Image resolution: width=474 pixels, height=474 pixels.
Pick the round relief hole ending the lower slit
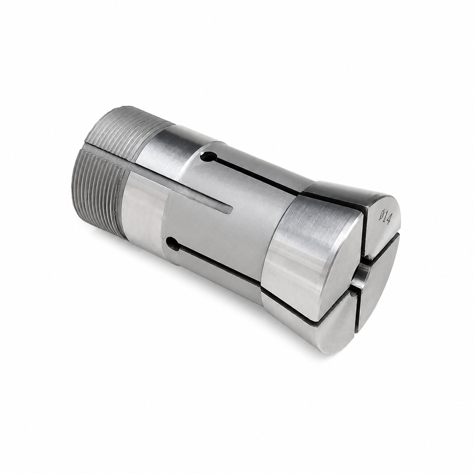[173, 244]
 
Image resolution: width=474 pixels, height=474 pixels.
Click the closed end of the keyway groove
[230, 209]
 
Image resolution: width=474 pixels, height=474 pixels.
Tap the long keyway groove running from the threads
[158, 175]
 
